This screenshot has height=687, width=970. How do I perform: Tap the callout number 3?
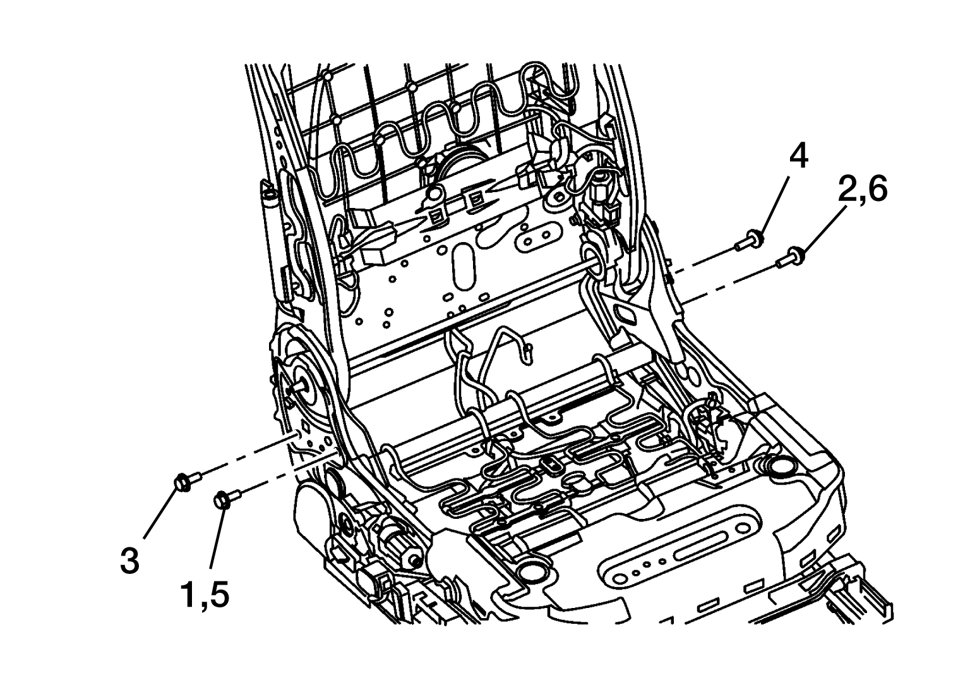129,559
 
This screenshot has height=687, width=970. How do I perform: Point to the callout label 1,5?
205,595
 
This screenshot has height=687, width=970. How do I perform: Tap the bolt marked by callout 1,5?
227,498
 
